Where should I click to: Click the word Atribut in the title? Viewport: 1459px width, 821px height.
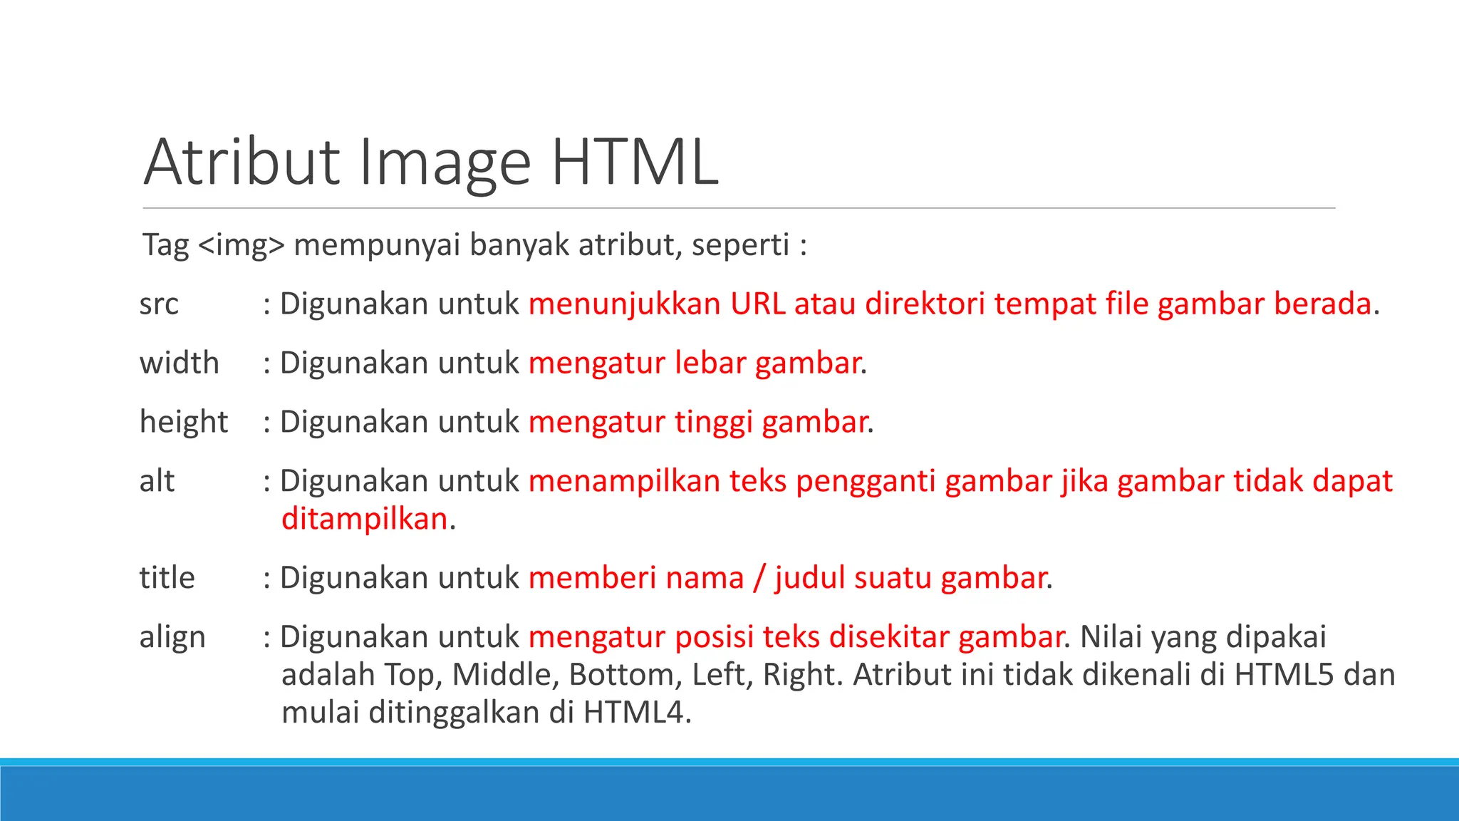point(242,162)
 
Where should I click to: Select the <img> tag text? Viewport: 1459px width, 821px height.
point(242,245)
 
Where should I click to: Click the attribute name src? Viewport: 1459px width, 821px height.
point(159,304)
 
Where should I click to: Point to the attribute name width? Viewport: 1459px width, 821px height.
point(180,363)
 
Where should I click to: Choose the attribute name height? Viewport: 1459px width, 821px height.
point(184,422)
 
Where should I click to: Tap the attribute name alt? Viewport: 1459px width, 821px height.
point(157,481)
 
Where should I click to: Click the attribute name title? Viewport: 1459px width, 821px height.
point(167,577)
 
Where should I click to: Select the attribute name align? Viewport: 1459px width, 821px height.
point(172,637)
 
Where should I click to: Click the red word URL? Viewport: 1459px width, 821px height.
point(757,304)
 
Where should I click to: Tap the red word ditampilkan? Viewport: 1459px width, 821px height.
point(364,519)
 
